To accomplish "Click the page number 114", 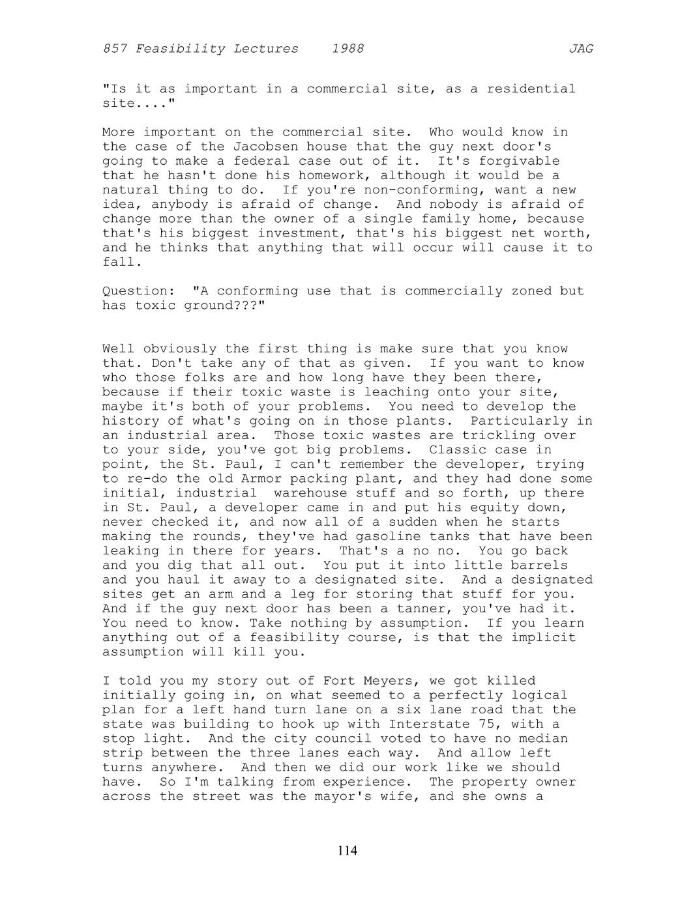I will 347,850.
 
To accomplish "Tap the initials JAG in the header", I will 580,49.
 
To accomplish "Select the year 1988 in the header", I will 347,49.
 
